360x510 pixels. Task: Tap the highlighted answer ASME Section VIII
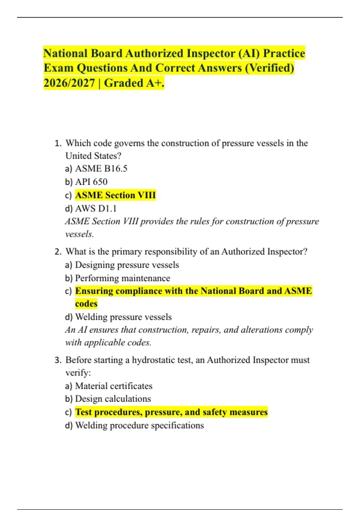(x=115, y=195)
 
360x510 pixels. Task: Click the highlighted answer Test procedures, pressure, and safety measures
(x=171, y=412)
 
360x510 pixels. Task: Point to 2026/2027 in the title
(x=69, y=83)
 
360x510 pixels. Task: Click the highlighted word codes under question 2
(x=86, y=304)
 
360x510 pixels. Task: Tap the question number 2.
(x=58, y=252)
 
